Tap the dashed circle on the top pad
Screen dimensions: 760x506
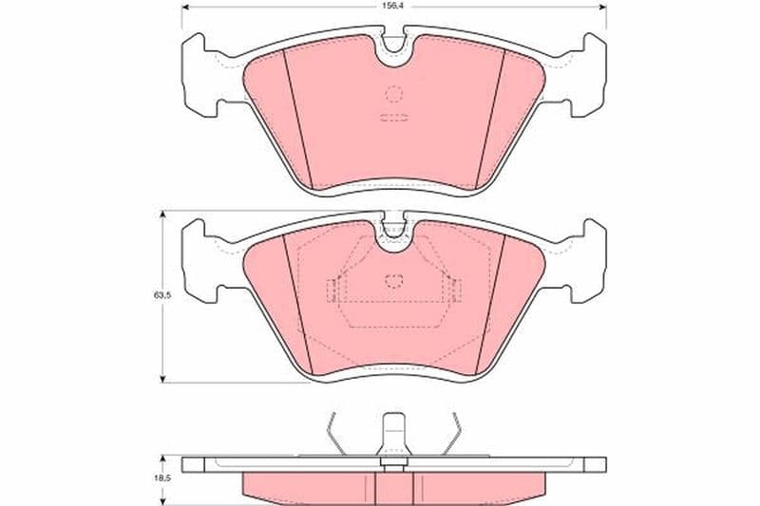[394, 94]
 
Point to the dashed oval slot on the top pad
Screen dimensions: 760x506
[394, 117]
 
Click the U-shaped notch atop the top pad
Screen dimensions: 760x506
[393, 48]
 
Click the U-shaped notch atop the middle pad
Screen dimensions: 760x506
[393, 234]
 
